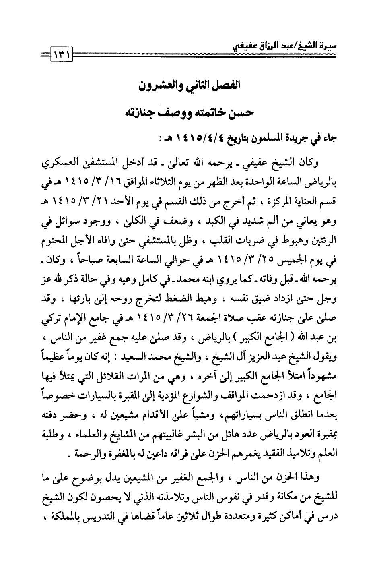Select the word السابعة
(x=129, y=253)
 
